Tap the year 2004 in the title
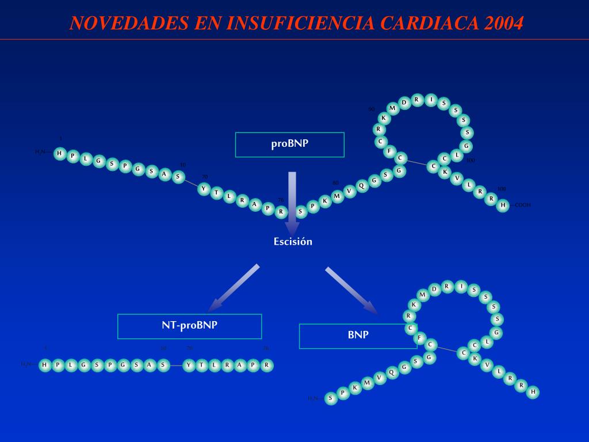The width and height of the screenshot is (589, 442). point(504,23)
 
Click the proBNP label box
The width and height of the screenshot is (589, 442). point(290,144)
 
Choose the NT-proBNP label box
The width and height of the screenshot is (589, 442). point(189,326)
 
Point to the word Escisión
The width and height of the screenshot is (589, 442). point(293,242)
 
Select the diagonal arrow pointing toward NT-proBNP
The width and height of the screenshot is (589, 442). point(233,288)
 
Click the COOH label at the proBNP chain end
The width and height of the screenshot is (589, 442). point(522,205)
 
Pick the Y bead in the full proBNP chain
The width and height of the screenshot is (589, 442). point(203,189)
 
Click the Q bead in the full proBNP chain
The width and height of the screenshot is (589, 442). point(361,185)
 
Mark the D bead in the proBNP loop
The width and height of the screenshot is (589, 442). point(404,103)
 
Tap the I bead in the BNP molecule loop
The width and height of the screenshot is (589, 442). point(461,286)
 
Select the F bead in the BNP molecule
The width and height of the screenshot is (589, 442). point(420,338)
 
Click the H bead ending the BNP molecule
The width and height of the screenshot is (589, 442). point(533,392)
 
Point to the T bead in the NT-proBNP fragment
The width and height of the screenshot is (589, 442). point(202,365)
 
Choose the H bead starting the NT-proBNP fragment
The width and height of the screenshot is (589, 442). point(45,365)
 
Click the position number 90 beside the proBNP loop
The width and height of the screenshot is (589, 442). point(372,109)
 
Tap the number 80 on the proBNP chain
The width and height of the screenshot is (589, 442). point(335,183)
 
